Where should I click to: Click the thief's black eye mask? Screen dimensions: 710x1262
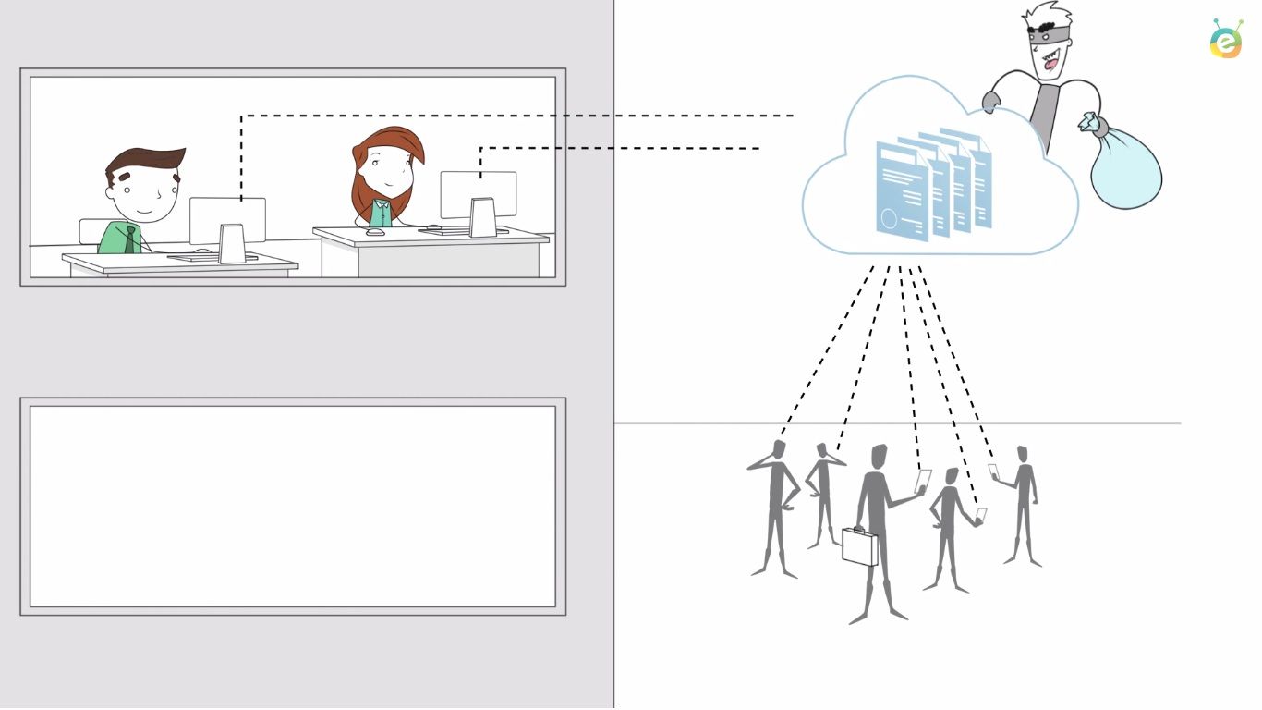[x=1048, y=35]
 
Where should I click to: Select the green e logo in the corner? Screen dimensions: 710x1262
[x=1227, y=40]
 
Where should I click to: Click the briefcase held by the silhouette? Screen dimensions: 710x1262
[x=860, y=545]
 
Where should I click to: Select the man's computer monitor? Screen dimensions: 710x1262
[x=227, y=221]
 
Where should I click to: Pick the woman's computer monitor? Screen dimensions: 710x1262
[x=478, y=195]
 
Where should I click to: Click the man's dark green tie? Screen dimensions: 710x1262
[x=132, y=239]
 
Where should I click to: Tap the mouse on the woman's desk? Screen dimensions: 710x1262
[x=375, y=232]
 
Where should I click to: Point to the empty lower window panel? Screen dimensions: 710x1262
[x=292, y=506]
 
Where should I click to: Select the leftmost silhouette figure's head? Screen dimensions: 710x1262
[x=779, y=449]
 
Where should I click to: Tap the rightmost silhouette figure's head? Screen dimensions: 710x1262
[x=1022, y=454]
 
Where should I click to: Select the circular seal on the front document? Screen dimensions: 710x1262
[x=890, y=220]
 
